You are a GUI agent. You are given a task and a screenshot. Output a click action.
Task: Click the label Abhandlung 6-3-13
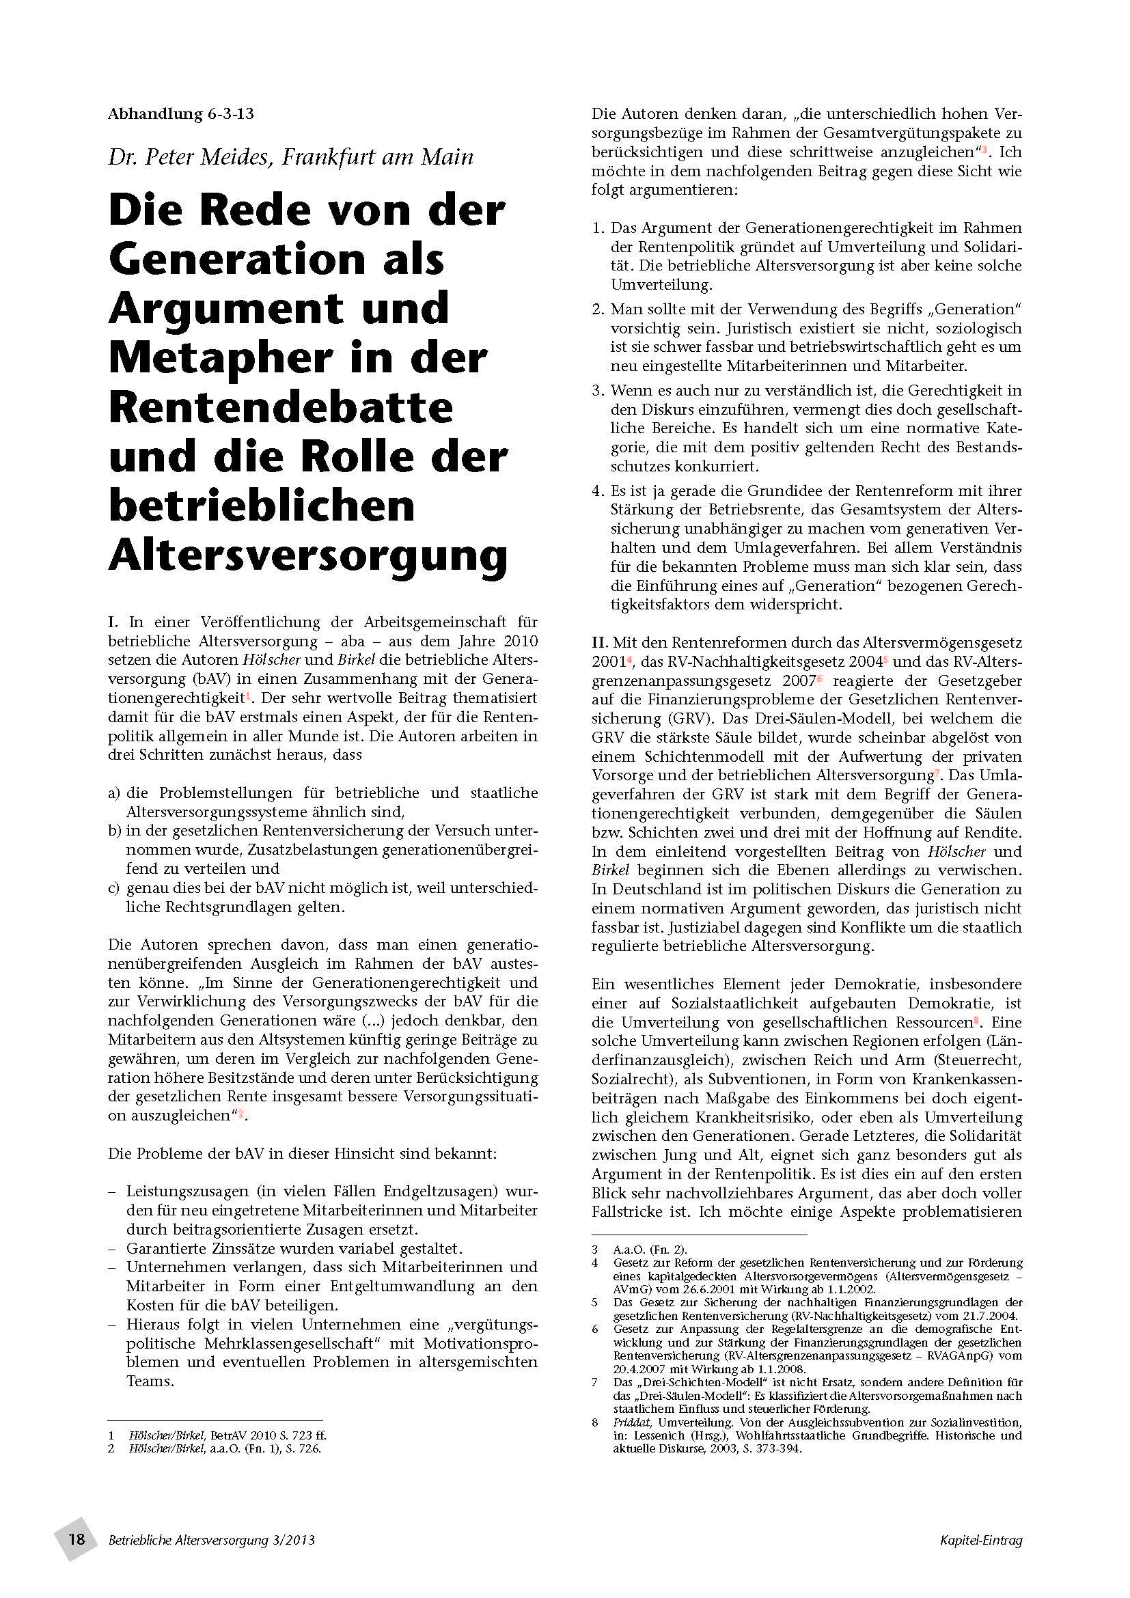pos(180,114)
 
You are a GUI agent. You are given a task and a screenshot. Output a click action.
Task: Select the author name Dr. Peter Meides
pos(188,157)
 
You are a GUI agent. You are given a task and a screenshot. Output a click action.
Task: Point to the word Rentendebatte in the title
pos(280,407)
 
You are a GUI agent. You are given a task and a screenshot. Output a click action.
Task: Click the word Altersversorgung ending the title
pos(307,555)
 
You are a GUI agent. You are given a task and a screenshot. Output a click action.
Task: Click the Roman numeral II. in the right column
pos(600,642)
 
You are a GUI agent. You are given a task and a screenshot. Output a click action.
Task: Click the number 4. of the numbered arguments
pos(598,491)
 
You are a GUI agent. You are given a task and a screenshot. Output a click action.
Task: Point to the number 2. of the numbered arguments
pos(598,309)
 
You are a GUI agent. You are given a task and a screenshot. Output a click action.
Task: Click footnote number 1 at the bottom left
pos(111,1436)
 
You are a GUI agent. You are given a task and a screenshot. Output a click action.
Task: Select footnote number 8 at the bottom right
pos(595,1422)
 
